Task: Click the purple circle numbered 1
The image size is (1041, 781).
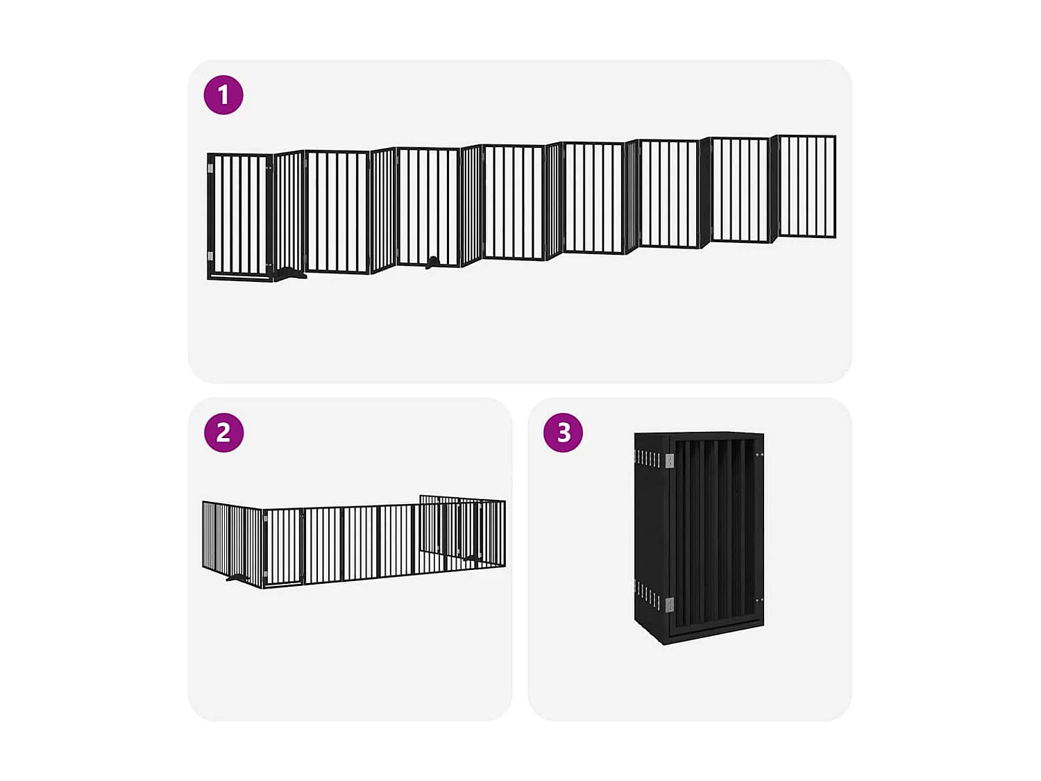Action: coord(223,94)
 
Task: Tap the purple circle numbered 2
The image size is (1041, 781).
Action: coord(223,433)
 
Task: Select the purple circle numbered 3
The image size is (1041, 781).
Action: coord(563,433)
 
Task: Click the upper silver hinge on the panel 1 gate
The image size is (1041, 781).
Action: coord(211,168)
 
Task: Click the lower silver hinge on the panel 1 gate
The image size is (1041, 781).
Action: coord(211,256)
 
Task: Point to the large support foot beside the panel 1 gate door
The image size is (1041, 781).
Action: coord(290,274)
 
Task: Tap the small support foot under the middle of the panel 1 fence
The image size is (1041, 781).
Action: coord(432,262)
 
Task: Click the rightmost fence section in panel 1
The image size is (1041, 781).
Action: coord(807,186)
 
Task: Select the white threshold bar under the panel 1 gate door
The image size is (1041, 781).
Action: coord(239,278)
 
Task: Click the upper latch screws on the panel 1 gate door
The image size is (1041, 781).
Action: coord(268,167)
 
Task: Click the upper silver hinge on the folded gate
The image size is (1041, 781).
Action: coord(669,460)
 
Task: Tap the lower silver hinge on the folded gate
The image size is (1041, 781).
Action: coord(669,604)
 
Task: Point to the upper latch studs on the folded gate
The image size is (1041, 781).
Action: coord(759,455)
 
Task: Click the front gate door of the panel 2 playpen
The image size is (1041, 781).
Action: coord(285,547)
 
